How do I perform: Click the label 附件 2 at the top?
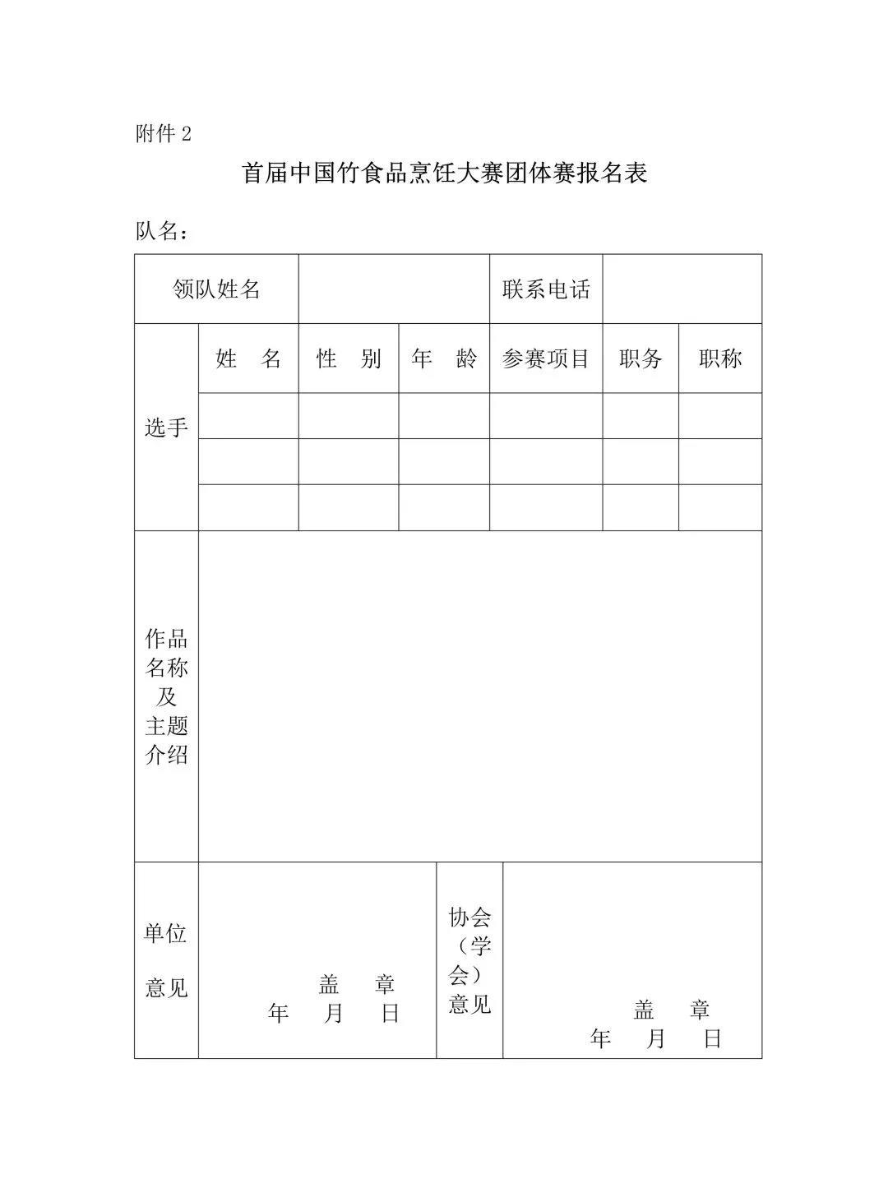point(163,134)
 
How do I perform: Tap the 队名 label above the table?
point(162,232)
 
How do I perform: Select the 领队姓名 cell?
point(216,289)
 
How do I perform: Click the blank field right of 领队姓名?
point(394,289)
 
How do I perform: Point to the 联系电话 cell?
point(546,289)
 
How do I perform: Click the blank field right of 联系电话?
point(682,289)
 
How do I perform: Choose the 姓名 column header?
point(248,359)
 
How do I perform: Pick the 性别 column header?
point(349,359)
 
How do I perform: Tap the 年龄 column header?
point(444,359)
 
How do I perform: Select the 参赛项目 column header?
point(546,359)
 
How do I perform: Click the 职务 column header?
point(641,359)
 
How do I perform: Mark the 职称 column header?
point(720,359)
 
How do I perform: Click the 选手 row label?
point(166,428)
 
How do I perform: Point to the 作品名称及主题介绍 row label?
point(166,696)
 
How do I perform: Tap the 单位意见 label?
point(166,960)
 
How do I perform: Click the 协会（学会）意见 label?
point(469,960)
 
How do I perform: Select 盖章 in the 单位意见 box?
point(357,984)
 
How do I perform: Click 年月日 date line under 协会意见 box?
point(655,1039)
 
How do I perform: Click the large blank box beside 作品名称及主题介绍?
point(480,696)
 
